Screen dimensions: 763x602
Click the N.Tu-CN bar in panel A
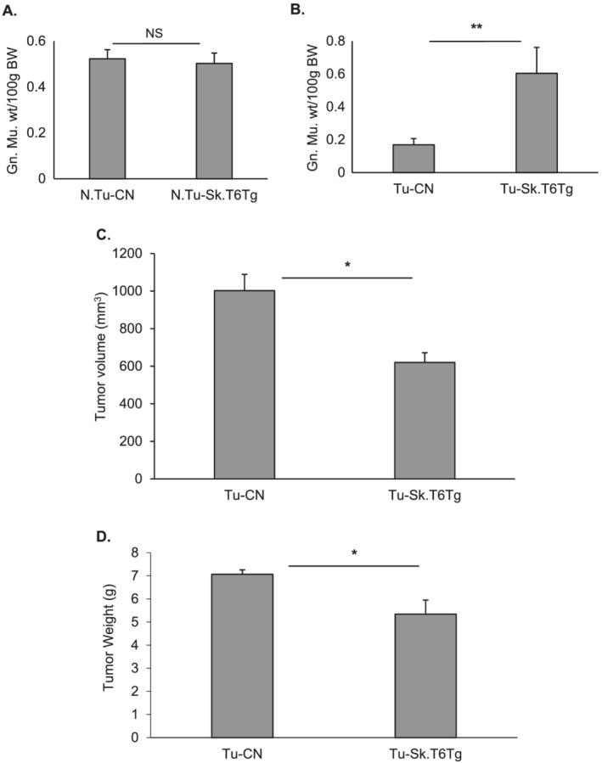coord(107,119)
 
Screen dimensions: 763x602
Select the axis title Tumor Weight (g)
coord(110,645)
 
